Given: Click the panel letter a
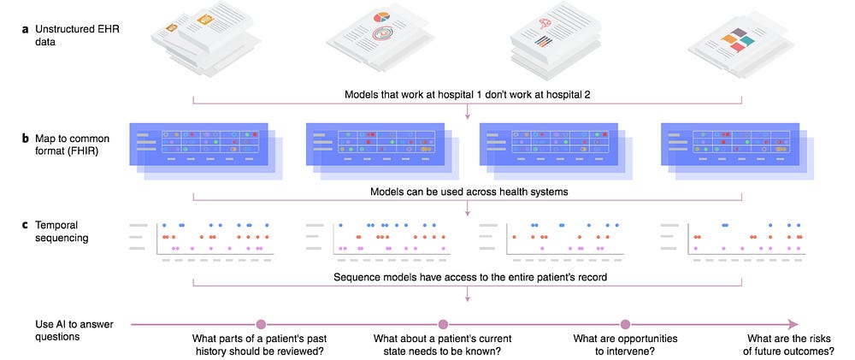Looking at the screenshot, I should pos(25,29).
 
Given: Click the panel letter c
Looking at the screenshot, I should pos(25,225).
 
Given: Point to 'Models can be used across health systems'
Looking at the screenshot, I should pos(467,192).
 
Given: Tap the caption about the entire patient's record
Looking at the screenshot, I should pos(467,277).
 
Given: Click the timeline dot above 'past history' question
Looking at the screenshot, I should pos(262,324).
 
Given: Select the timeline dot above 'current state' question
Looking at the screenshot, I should pos(443,324).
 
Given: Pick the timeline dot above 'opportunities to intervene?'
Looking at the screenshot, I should pos(625,324).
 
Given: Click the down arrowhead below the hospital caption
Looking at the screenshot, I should pos(468,115).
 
